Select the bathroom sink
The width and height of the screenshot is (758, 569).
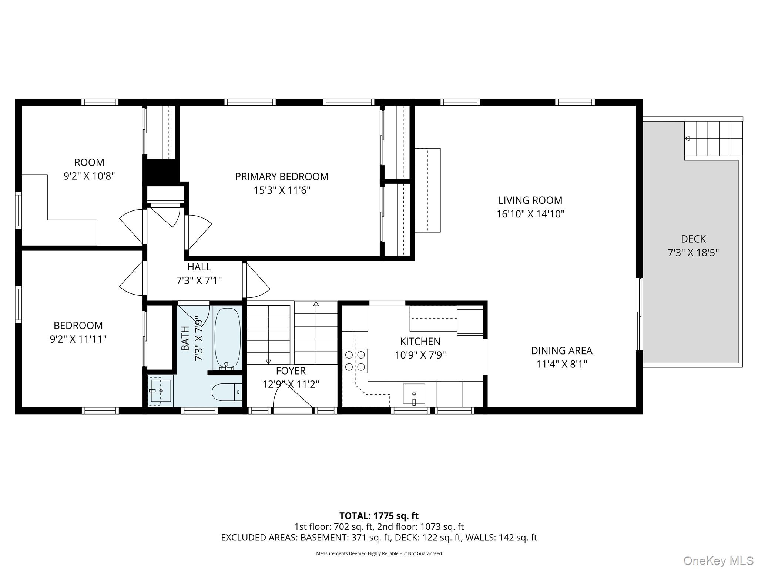coord(161,390)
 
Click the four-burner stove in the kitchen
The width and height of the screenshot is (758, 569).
coord(355,361)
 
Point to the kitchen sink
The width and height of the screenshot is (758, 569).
coord(414,393)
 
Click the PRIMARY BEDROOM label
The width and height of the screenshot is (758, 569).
coord(282,177)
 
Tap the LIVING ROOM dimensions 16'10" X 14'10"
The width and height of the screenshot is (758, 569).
coord(530,214)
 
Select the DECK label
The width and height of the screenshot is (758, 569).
coord(693,239)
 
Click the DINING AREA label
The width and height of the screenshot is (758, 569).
coord(561,350)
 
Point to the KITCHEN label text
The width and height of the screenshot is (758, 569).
coord(420,341)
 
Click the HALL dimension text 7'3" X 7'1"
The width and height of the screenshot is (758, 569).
coord(199,281)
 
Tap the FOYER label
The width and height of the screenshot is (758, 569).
coord(291,370)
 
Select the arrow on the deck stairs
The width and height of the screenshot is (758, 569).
coord(687,139)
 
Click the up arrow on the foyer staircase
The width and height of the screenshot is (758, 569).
coord(316,304)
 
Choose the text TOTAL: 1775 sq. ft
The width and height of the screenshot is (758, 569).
coord(379,516)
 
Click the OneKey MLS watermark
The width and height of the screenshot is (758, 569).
coord(718,560)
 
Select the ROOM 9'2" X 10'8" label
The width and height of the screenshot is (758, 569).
coord(89,169)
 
